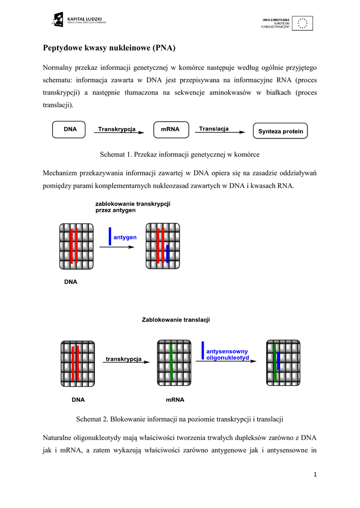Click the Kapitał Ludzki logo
coord(79,21)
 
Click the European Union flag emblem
coord(302,23)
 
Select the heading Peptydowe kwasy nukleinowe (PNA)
coord(110,48)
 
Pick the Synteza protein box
coord(281,131)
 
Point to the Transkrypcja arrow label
coord(117,129)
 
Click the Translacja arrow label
coord(214,129)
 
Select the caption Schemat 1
coord(180,154)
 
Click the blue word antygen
coord(125,238)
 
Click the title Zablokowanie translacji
coord(176,320)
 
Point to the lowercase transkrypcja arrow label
coord(124,359)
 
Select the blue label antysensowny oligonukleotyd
coord(227,354)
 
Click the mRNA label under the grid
coord(175,399)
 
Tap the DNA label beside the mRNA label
coord(78,399)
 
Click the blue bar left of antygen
coord(110,236)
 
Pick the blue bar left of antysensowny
coord(203,350)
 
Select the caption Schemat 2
coord(179,419)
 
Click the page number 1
coord(315,475)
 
